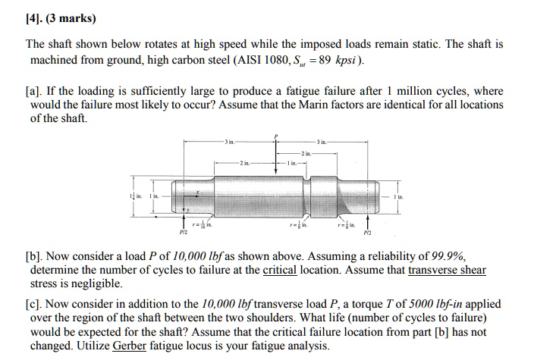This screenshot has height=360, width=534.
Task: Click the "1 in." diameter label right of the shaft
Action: [x=398, y=196]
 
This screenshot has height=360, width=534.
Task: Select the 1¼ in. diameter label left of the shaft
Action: [x=134, y=196]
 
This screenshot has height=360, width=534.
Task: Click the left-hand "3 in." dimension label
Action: [x=230, y=142]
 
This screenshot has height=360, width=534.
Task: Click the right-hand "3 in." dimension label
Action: [x=322, y=142]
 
